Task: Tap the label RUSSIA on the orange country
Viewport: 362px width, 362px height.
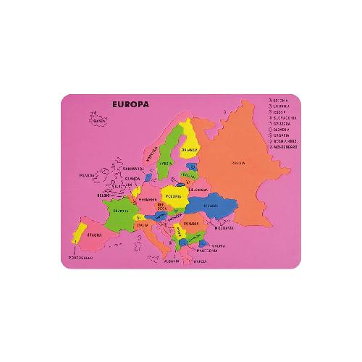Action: coord(237,163)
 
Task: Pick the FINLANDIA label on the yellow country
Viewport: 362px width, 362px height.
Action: coord(190,149)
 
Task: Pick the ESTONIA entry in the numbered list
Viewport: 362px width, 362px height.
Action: coord(279,99)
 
